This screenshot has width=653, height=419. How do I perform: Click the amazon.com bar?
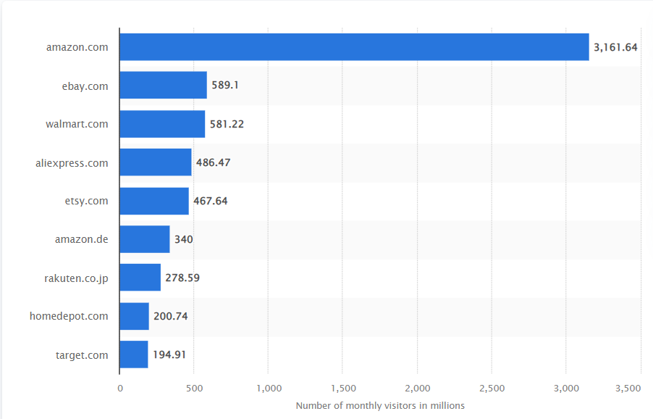tap(354, 47)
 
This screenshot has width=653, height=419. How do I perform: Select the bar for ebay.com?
tap(163, 86)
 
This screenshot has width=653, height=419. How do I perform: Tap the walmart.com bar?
tap(162, 124)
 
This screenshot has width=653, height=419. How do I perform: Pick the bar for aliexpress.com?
tap(156, 162)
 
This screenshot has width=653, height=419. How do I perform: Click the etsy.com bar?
tap(154, 201)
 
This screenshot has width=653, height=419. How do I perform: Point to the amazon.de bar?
tap(145, 239)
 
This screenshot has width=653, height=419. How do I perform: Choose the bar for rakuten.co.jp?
tap(140, 278)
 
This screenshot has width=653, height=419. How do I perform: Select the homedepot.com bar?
tap(134, 316)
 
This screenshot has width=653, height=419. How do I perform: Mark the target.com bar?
tap(134, 354)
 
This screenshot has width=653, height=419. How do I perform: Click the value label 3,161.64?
tap(615, 47)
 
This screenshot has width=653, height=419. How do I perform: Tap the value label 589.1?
tap(225, 86)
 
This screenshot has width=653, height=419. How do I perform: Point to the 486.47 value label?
tap(213, 162)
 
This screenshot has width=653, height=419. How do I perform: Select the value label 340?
tap(183, 239)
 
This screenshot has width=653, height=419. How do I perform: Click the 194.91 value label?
tap(170, 354)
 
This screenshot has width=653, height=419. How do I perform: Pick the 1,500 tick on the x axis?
tap(343, 389)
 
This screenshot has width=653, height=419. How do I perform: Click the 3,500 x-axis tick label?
tap(628, 389)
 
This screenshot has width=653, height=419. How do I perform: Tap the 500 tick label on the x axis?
tap(193, 389)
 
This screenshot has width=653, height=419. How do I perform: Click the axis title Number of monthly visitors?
tap(380, 406)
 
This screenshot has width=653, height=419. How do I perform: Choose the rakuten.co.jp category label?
tap(76, 278)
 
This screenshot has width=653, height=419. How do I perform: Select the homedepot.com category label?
tap(69, 316)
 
